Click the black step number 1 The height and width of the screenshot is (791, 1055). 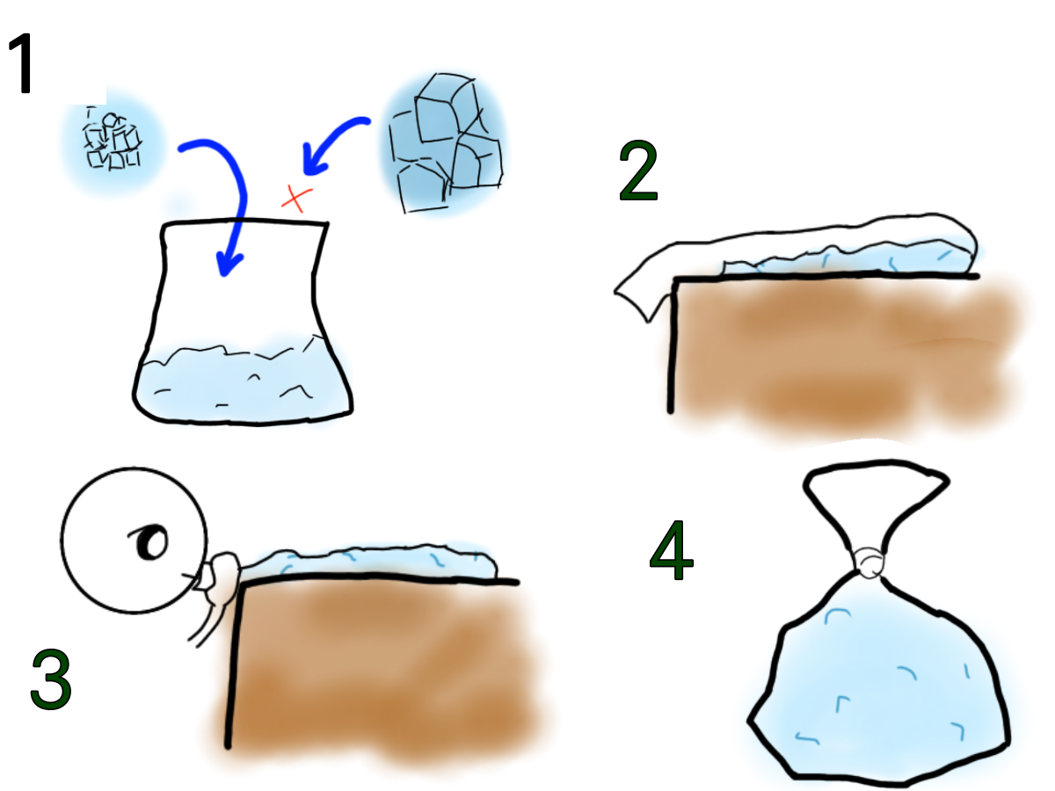tap(22, 62)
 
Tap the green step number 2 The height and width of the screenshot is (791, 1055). tap(638, 171)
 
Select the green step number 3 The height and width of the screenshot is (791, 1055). tap(51, 679)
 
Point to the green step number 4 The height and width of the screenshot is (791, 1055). tap(671, 550)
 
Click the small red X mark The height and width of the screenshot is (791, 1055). tap(296, 199)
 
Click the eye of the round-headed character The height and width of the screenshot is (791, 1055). tap(150, 541)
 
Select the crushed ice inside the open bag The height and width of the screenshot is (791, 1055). tap(243, 381)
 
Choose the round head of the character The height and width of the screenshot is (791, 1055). tap(135, 541)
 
